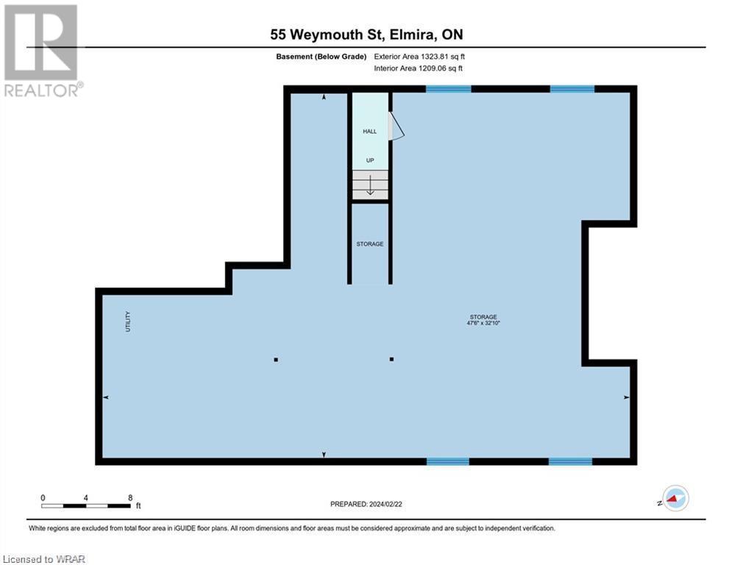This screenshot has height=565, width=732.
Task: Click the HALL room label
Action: pyautogui.click(x=369, y=132)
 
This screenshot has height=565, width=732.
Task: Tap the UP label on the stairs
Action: pyautogui.click(x=370, y=160)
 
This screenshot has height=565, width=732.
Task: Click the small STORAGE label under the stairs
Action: pyautogui.click(x=370, y=244)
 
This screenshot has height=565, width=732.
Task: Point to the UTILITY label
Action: pyautogui.click(x=127, y=321)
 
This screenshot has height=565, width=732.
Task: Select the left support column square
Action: pyautogui.click(x=276, y=360)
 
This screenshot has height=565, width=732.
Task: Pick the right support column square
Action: pyautogui.click(x=391, y=360)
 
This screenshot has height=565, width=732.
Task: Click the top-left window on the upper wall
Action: pyautogui.click(x=448, y=89)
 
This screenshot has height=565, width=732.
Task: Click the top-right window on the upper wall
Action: pyautogui.click(x=572, y=89)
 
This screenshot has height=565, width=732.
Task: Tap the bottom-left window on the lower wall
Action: pyautogui.click(x=447, y=462)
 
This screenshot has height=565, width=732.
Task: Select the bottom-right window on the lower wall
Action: pyautogui.click(x=570, y=462)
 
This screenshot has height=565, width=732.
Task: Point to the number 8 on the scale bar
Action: pyautogui.click(x=130, y=497)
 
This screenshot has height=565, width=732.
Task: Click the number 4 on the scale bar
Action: pyautogui.click(x=86, y=497)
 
